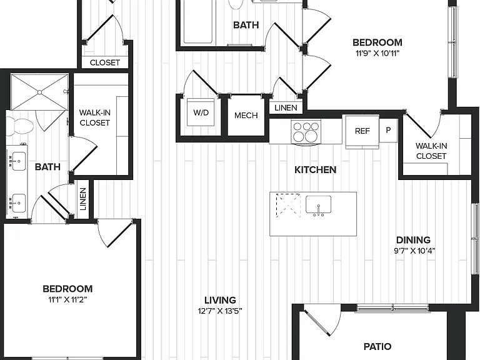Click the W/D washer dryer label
pyautogui.click(x=201, y=112)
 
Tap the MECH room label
pyautogui.click(x=246, y=116)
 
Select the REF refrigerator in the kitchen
pyautogui.click(x=362, y=131)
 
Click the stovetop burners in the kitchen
pyautogui.click(x=306, y=131)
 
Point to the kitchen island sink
pyautogui.click(x=318, y=205)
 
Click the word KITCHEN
pyautogui.click(x=315, y=170)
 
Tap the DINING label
pyautogui.click(x=413, y=240)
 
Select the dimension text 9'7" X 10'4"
pyautogui.click(x=414, y=251)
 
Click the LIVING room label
pyautogui.click(x=220, y=300)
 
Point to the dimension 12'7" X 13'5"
pyautogui.click(x=220, y=311)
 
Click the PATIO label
pyautogui.click(x=377, y=346)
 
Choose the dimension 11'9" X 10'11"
pyautogui.click(x=377, y=54)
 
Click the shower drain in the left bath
pyautogui.click(x=39, y=92)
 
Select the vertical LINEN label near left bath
pyautogui.click(x=83, y=199)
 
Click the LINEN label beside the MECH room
pyautogui.click(x=286, y=107)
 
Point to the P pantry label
pyautogui.click(x=388, y=130)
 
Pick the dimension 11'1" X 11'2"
pyautogui.click(x=67, y=300)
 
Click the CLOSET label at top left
pyautogui.click(x=105, y=62)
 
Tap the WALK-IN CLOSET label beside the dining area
pyautogui.click(x=431, y=151)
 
